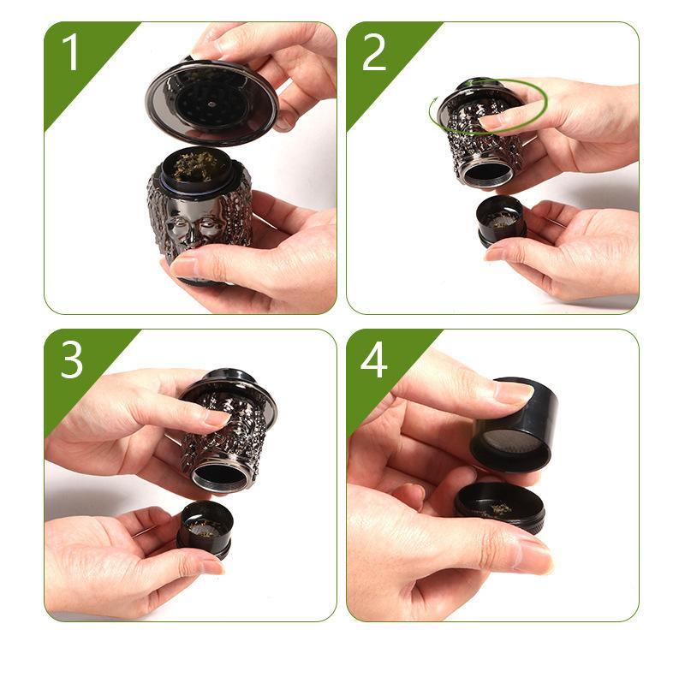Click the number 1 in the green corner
tap(70, 52)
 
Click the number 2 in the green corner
tap(374, 52)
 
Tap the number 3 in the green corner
tap(72, 359)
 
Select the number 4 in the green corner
tap(374, 359)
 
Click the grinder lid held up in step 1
tap(211, 103)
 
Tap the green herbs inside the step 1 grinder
tap(195, 166)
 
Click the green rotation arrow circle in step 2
tap(488, 131)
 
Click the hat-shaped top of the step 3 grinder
tap(230, 387)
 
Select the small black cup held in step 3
tap(205, 529)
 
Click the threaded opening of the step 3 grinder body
tap(220, 475)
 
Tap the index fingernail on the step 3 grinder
tap(217, 419)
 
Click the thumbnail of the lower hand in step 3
tap(212, 567)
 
